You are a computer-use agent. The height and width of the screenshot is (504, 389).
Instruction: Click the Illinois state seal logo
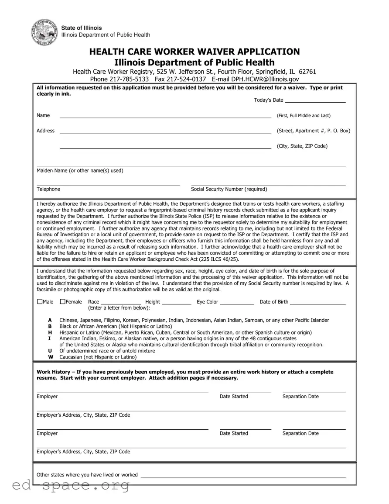coord(44,32)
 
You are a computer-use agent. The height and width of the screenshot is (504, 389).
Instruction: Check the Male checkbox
coord(40,301)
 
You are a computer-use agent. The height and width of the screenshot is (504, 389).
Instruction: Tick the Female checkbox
coord(62,301)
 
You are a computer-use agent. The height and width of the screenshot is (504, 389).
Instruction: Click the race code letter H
coord(50,332)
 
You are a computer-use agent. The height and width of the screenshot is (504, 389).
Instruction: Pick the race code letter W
coord(51,357)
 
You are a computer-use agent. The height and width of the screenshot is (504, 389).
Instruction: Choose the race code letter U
coord(50,351)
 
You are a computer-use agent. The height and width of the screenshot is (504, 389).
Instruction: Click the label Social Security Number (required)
coord(229,189)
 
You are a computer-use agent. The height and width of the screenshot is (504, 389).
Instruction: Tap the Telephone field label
coord(48,189)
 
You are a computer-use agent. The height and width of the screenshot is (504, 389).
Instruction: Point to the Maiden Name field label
coord(80,171)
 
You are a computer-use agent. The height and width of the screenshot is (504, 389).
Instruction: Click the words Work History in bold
coord(53,372)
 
